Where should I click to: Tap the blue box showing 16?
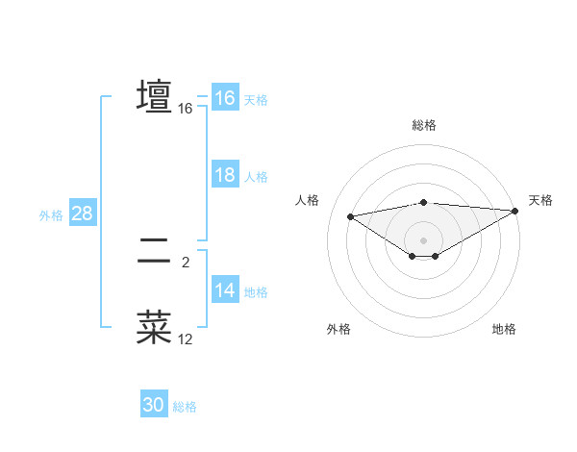pos(224,98)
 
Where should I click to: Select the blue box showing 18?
pos(224,175)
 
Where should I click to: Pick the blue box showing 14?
pos(224,290)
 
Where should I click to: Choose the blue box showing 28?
pos(82,213)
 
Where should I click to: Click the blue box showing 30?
pos(154,406)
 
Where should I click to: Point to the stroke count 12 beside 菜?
pos(186,339)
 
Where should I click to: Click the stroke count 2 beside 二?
pos(186,262)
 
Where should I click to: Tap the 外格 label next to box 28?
pos(51,215)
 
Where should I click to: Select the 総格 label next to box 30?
pos(185,408)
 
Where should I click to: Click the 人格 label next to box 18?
pos(256,177)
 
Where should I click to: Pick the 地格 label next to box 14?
pos(256,292)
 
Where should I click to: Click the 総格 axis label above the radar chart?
pos(423,126)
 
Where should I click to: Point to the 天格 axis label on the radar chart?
pos(540,200)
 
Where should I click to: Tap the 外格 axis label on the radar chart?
pos(339,330)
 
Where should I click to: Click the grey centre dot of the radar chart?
pos(423,239)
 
